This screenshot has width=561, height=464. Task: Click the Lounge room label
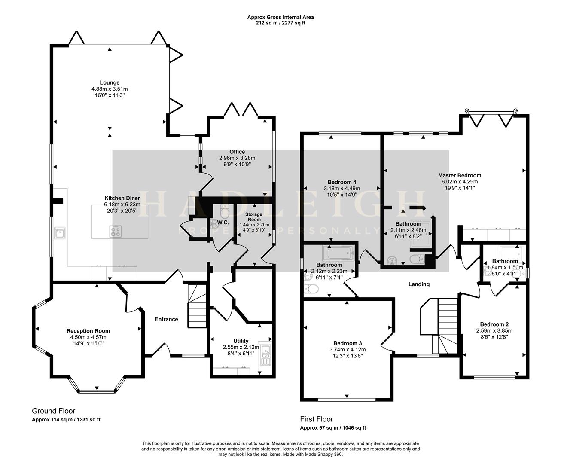point(110,82)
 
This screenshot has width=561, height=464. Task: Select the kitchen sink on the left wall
point(59,233)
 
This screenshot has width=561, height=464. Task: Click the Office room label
point(237,152)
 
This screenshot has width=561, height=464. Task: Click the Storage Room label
point(254,217)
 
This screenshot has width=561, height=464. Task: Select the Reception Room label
point(88,331)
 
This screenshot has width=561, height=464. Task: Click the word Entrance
point(166,319)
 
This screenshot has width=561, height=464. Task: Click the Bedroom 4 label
point(341,182)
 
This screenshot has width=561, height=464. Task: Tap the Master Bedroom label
point(460,175)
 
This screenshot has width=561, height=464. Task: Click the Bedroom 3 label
point(348,343)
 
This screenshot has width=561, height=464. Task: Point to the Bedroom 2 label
point(494,324)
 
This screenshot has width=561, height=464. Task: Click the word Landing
point(419,284)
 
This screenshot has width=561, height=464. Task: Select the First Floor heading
point(316,419)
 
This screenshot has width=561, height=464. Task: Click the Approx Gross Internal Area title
point(280,17)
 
